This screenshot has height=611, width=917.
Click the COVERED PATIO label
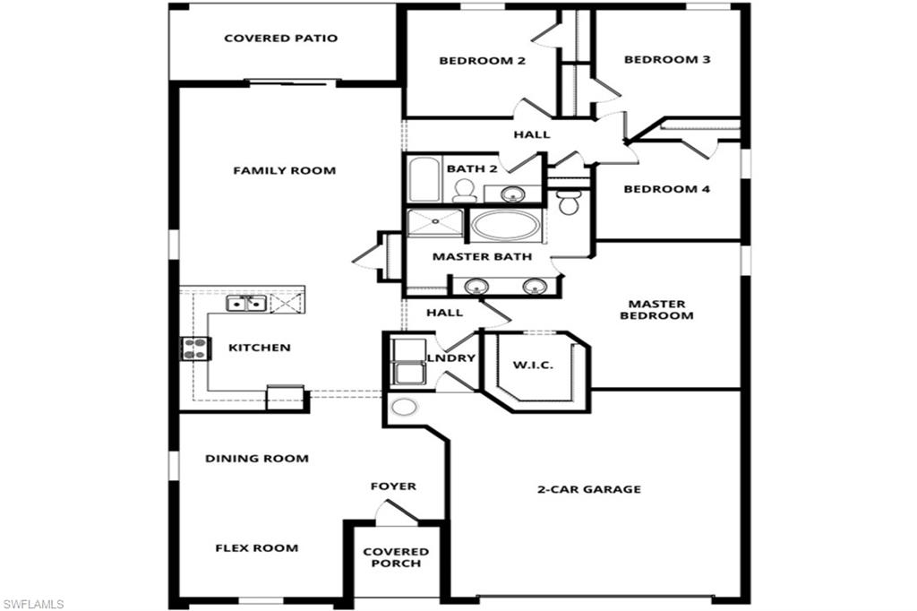[x=280, y=39]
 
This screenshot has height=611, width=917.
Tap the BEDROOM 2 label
[x=481, y=61]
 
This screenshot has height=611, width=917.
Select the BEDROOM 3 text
[x=667, y=60]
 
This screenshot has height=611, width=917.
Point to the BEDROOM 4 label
[x=667, y=189]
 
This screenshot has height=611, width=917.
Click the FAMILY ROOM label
[x=284, y=170]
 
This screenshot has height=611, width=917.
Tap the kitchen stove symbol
[x=195, y=348]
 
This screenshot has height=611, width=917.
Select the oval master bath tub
[x=506, y=225]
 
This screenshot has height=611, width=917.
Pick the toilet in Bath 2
[x=464, y=189]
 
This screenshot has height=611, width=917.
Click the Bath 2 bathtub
[x=424, y=180]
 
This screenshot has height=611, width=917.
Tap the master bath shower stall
[x=435, y=223]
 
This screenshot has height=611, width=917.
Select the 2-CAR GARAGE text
[x=588, y=489]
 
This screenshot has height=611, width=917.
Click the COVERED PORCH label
[x=396, y=557]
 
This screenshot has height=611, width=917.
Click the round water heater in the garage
[x=405, y=408]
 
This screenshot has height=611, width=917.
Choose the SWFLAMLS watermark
[x=33, y=604]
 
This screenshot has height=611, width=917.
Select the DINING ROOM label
[x=257, y=459]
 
